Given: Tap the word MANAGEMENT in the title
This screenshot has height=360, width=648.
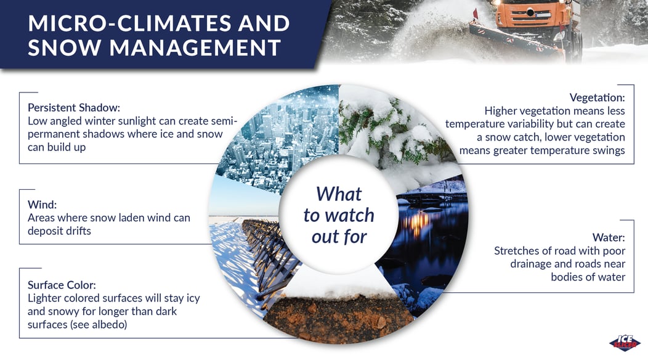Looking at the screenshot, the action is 195,47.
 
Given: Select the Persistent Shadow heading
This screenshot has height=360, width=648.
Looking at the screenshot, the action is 74,108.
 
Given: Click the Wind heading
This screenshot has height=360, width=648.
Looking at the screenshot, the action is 42,205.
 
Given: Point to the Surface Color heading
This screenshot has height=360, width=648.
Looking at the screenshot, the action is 62,285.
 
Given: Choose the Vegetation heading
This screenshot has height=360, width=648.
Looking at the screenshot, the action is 597,97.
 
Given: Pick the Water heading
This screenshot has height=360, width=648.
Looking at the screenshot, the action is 609,237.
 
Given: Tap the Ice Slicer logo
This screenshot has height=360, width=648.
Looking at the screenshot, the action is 625,343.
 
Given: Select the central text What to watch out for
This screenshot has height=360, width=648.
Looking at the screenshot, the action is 339,215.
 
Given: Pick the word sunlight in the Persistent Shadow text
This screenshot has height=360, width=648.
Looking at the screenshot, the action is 137,121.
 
